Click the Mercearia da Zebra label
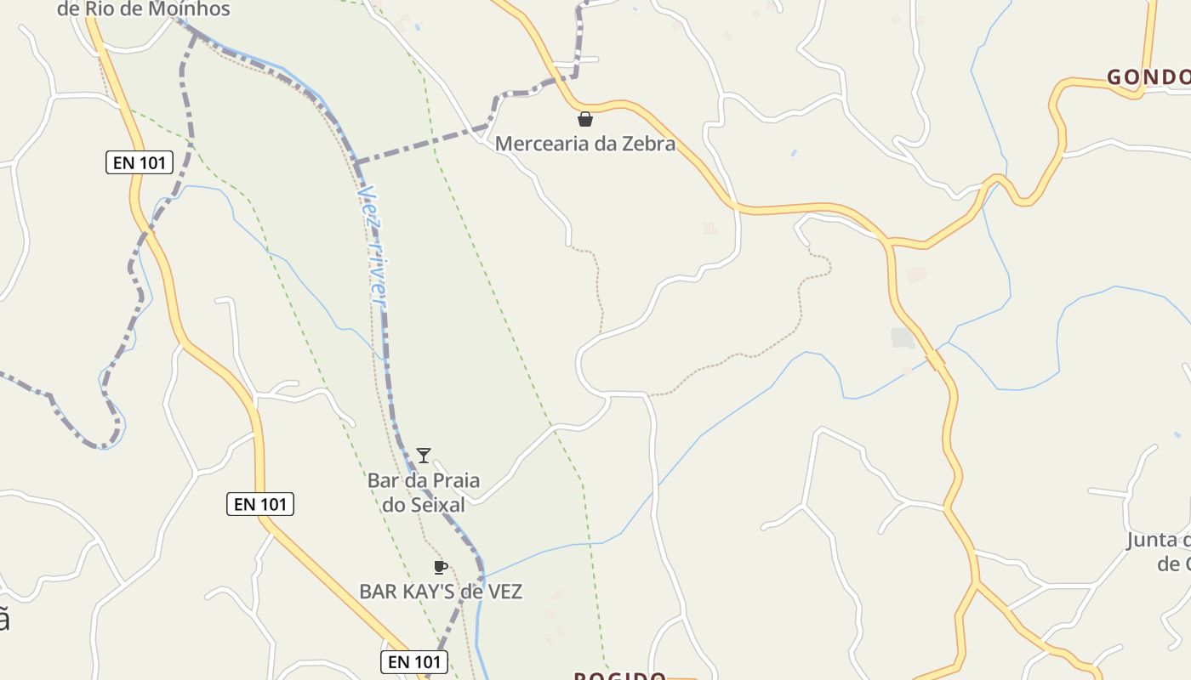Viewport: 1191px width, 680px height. [x=585, y=144]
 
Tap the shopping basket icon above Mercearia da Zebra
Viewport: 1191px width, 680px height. [x=585, y=119]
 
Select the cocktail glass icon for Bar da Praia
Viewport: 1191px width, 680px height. [x=424, y=456]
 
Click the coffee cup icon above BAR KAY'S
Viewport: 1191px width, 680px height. [x=440, y=567]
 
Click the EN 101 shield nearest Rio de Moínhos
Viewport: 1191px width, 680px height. [x=140, y=162]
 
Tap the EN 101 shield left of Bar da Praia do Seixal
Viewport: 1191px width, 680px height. [x=260, y=504]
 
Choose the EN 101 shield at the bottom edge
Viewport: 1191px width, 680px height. [x=413, y=661]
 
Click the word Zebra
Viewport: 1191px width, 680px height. [x=647, y=144]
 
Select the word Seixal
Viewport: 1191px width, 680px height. [x=436, y=505]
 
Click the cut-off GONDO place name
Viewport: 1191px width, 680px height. [x=1148, y=78]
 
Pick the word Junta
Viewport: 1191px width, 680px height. [x=1152, y=541]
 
